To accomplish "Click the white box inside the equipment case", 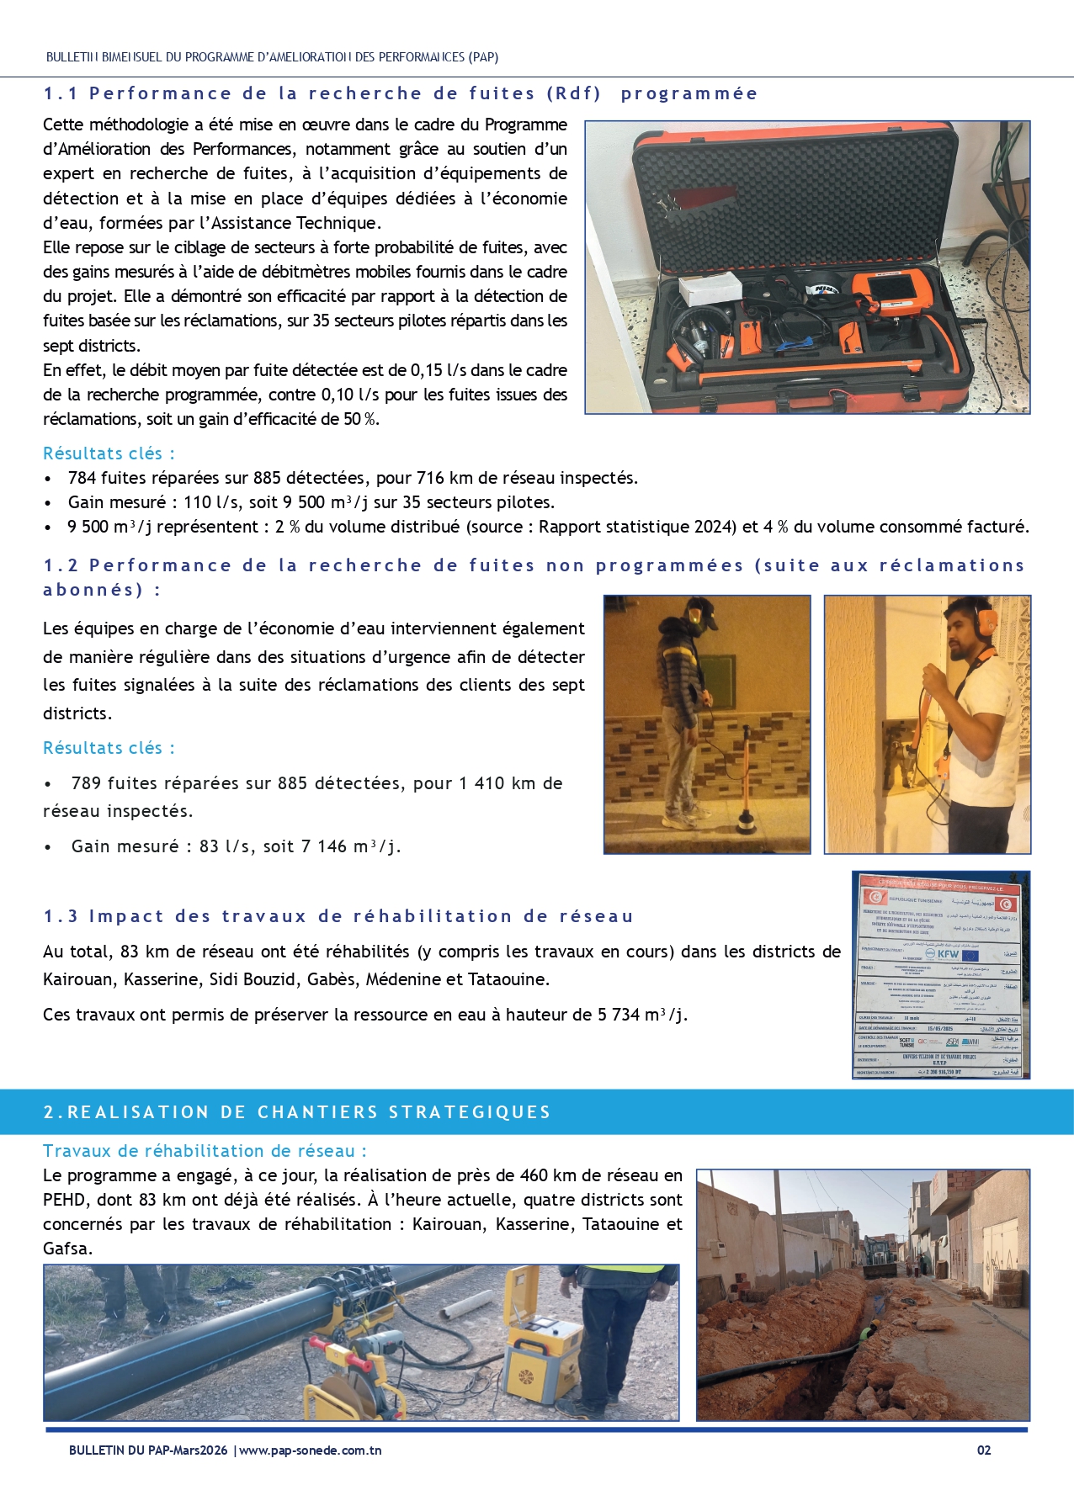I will click(x=710, y=290).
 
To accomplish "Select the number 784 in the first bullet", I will click(x=82, y=478).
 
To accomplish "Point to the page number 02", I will click(x=984, y=1450).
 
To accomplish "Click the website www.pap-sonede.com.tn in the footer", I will click(x=311, y=1450).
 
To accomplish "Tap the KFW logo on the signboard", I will click(x=948, y=954).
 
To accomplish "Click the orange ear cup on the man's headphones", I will click(x=987, y=622).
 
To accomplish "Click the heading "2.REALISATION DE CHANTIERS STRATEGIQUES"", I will click(x=297, y=1112).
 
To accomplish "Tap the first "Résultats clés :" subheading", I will click(x=109, y=453).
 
